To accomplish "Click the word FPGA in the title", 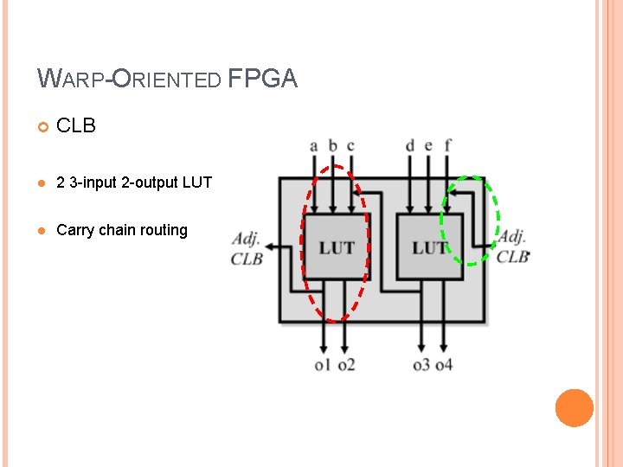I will pos(263,80).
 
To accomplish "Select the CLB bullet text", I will pos(76,126).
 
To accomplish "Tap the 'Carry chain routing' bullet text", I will pos(122,230).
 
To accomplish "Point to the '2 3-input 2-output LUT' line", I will pos(134,182).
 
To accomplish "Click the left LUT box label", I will pos(337,248).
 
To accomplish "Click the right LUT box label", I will pos(429,248).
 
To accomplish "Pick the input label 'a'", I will pos(314,145).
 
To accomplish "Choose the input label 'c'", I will pos(350,145).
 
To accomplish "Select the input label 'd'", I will pos(409,145).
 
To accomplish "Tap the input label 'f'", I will pos(446,145).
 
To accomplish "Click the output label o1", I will pos(323,365).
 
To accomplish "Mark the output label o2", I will pos(346,365).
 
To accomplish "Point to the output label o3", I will pos(421,365).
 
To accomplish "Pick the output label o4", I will pos(444,365).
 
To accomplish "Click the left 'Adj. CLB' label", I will pos(247,247).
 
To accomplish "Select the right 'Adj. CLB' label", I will pos(513,246).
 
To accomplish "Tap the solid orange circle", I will pos(574,408).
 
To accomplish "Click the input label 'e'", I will pos(427,145).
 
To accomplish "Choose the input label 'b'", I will pos(332,145).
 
